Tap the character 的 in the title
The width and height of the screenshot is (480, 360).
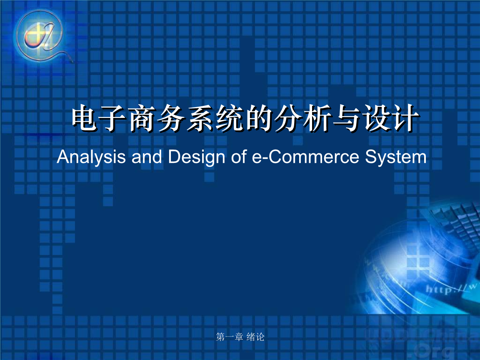pos(255,119)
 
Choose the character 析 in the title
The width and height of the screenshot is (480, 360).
pos(313,119)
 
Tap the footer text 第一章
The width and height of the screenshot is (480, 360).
pos(230,337)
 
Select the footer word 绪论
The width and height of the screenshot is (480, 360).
pos(255,337)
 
